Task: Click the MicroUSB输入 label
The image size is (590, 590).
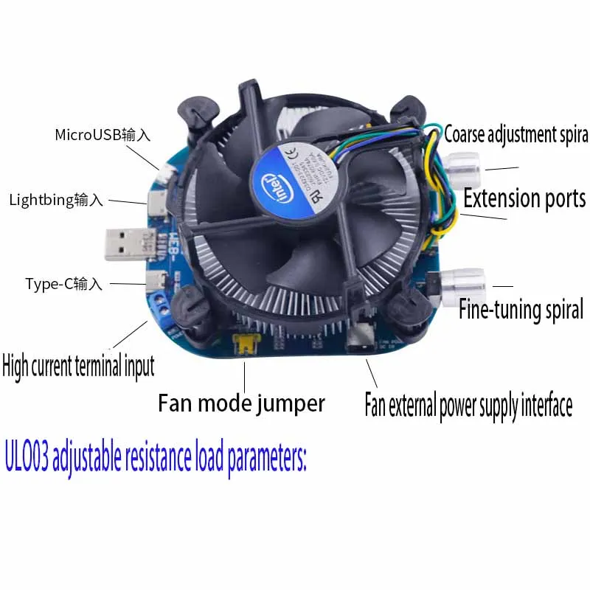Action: [103, 136]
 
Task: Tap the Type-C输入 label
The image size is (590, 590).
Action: [64, 284]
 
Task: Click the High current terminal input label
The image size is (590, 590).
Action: [78, 366]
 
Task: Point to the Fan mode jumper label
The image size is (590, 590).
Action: [241, 404]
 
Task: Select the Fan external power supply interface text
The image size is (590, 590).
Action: [468, 406]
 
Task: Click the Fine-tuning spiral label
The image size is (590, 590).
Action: [521, 309]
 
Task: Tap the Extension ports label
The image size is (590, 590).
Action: [524, 198]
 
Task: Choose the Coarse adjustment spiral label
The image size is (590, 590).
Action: [516, 135]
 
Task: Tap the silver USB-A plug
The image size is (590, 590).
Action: [130, 245]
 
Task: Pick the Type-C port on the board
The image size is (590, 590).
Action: [156, 281]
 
